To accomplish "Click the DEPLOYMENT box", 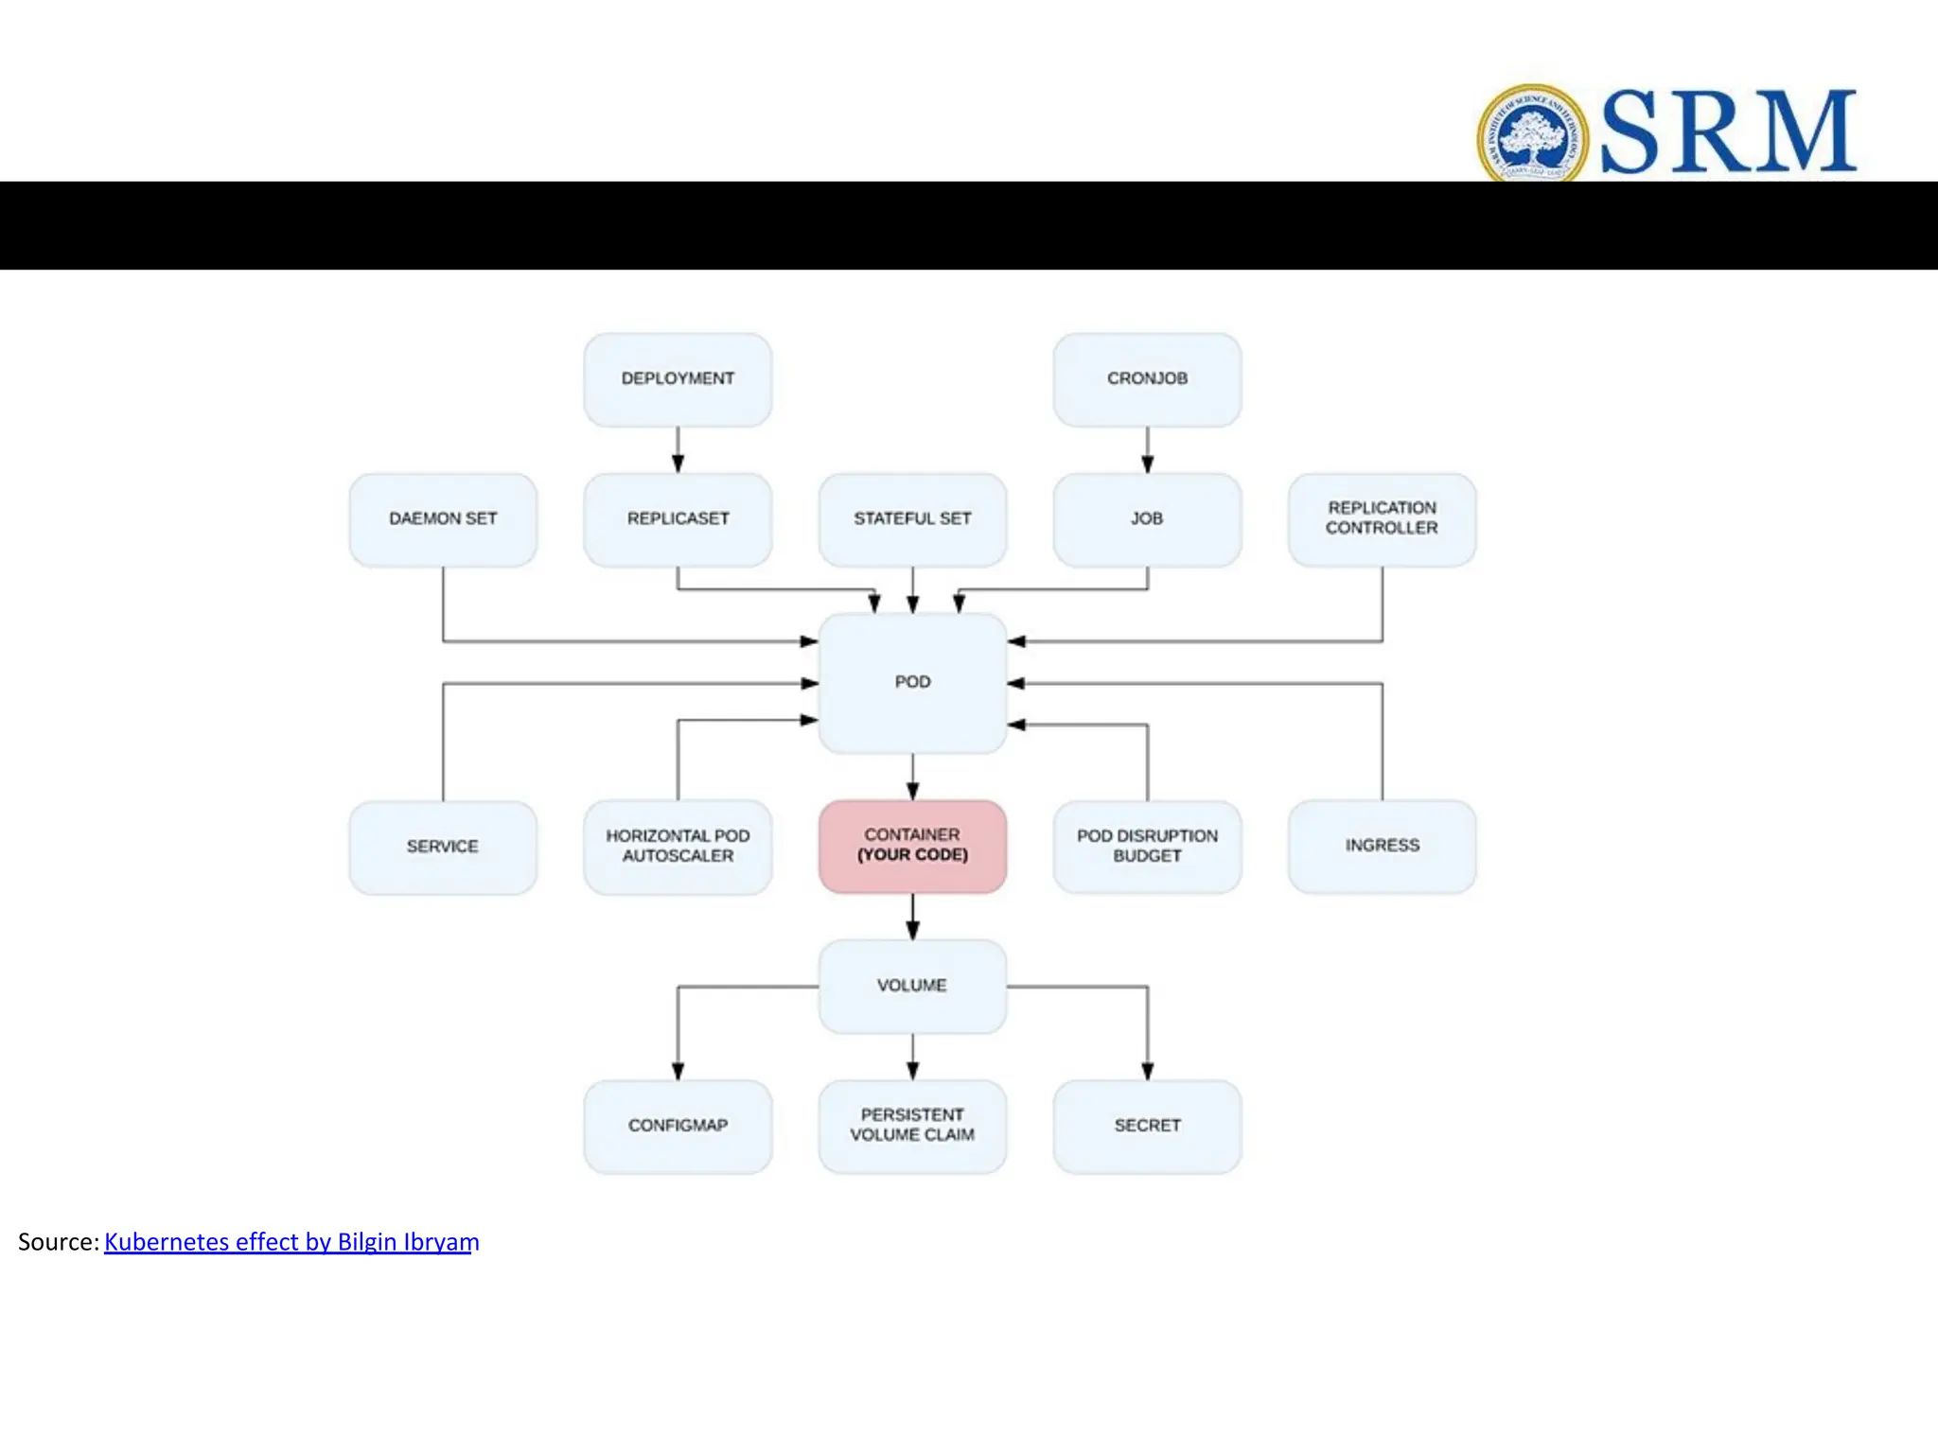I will (x=678, y=379).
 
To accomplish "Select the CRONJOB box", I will (x=1147, y=379).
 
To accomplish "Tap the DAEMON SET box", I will (x=443, y=519).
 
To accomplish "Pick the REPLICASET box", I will (x=678, y=519).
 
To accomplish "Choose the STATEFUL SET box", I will (x=912, y=519).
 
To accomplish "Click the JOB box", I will (x=1147, y=519).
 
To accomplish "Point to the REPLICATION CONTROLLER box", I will (x=1382, y=519).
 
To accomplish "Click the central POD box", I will (x=912, y=682).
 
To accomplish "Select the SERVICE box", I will (x=443, y=847).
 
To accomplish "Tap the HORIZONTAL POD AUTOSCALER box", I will (x=678, y=847).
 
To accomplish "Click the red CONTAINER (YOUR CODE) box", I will (x=912, y=846).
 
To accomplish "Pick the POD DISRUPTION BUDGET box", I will (x=1147, y=847).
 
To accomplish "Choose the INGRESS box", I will (x=1382, y=846).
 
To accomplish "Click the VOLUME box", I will (x=912, y=986).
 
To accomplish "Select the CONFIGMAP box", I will (x=678, y=1126).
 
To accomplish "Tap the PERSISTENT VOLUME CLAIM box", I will (x=912, y=1126).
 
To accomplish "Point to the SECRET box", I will (x=1147, y=1126).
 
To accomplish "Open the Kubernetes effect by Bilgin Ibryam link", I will (x=291, y=1242).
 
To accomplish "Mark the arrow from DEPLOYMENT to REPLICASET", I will (x=678, y=449).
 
